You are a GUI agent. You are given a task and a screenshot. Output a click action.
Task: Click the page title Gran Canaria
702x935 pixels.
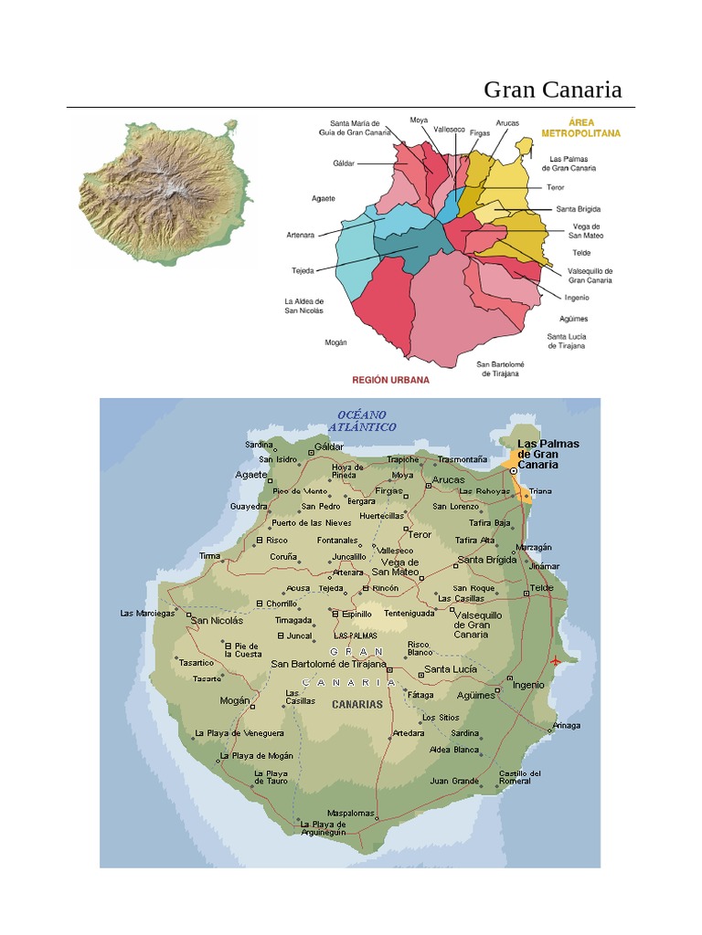pos(552,89)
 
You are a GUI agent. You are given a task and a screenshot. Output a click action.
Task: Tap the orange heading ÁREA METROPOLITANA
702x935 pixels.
pos(580,127)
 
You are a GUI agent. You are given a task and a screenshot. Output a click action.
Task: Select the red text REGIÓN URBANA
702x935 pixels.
pos(390,379)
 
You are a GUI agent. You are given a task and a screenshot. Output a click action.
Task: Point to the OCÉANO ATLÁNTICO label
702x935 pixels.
pos(362,421)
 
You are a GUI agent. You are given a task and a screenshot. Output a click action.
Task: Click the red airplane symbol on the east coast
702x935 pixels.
pos(557,660)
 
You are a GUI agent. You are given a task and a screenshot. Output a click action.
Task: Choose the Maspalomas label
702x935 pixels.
pos(351,813)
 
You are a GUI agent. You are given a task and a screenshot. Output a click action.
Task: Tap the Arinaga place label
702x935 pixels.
pos(565,727)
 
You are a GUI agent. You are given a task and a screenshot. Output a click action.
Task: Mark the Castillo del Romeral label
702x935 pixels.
pos(520,777)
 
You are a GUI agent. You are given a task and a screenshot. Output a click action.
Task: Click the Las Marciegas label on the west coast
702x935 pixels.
pos(147,614)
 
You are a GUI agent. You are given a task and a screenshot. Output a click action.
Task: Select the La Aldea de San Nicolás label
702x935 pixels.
pos(303,306)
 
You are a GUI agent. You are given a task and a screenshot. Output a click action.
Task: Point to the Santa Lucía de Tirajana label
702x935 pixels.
pos(567,341)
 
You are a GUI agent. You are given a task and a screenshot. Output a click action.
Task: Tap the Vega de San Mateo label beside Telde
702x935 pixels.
pos(586,231)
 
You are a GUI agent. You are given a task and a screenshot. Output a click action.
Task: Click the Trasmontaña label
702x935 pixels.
pos(463,459)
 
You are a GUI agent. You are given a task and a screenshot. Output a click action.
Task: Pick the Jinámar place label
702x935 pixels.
pos(544,566)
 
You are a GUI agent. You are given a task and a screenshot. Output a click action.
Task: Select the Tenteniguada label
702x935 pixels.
pos(409,614)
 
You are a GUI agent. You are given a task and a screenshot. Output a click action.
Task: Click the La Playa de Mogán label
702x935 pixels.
pos(256,756)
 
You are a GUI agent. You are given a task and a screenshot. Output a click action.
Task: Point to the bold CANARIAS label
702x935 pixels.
pos(357,704)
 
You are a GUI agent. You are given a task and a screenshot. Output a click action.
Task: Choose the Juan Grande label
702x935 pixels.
pos(454,781)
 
